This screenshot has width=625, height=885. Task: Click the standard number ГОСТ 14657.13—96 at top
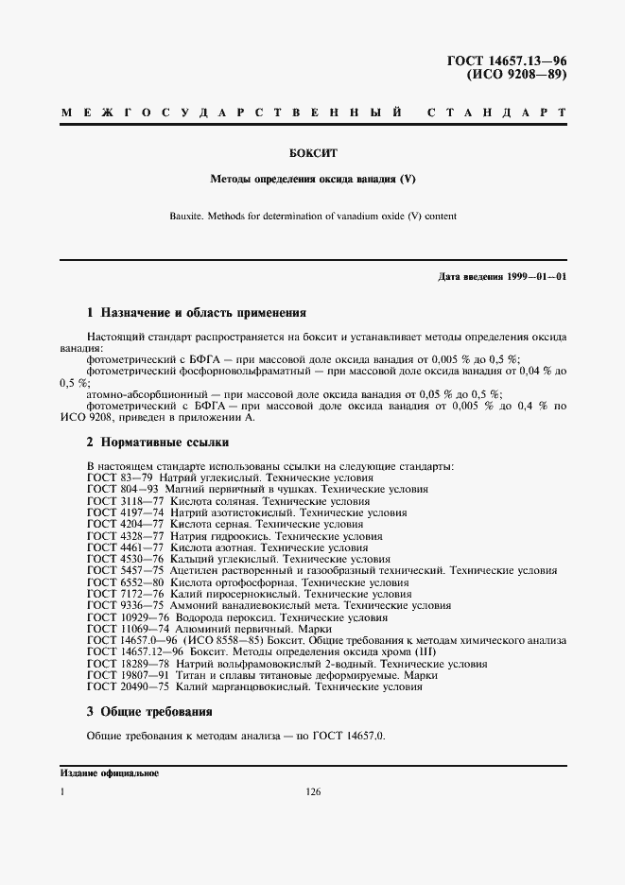(506, 61)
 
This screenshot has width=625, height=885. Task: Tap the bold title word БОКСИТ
(313, 151)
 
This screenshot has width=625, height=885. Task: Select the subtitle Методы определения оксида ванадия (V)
(312, 179)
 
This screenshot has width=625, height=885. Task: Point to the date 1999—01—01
(535, 276)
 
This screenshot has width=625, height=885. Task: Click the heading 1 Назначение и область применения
(196, 312)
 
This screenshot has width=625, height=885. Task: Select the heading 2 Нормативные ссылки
(158, 442)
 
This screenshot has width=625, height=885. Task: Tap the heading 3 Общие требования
(149, 711)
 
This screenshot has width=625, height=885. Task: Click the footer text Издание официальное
(109, 773)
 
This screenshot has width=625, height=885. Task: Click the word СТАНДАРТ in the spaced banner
(496, 113)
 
